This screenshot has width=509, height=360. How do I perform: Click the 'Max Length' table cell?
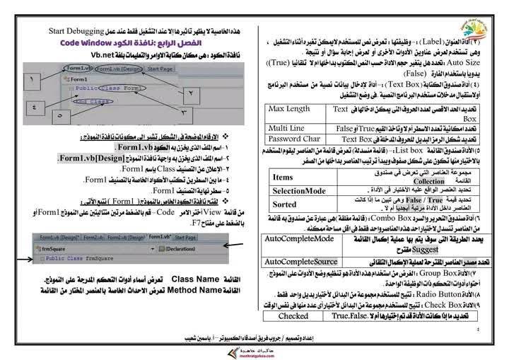tap(289, 109)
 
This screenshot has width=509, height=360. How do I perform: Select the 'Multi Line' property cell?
tap(286, 127)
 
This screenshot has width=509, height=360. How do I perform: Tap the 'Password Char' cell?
tap(293, 139)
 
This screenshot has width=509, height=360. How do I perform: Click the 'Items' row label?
tap(283, 178)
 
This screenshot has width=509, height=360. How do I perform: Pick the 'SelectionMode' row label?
tap(299, 191)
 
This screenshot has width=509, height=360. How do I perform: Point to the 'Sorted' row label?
tap(284, 204)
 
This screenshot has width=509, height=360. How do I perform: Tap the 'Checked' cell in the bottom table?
tap(293, 316)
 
